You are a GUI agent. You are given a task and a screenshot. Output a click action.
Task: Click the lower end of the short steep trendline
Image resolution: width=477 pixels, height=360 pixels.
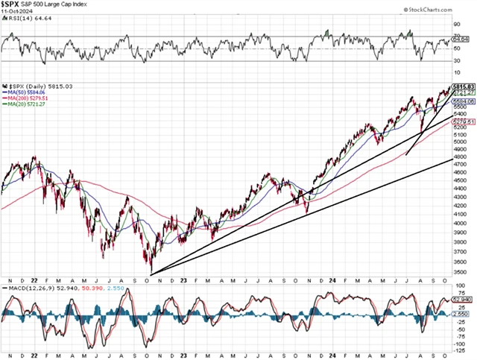[x=405, y=155]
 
